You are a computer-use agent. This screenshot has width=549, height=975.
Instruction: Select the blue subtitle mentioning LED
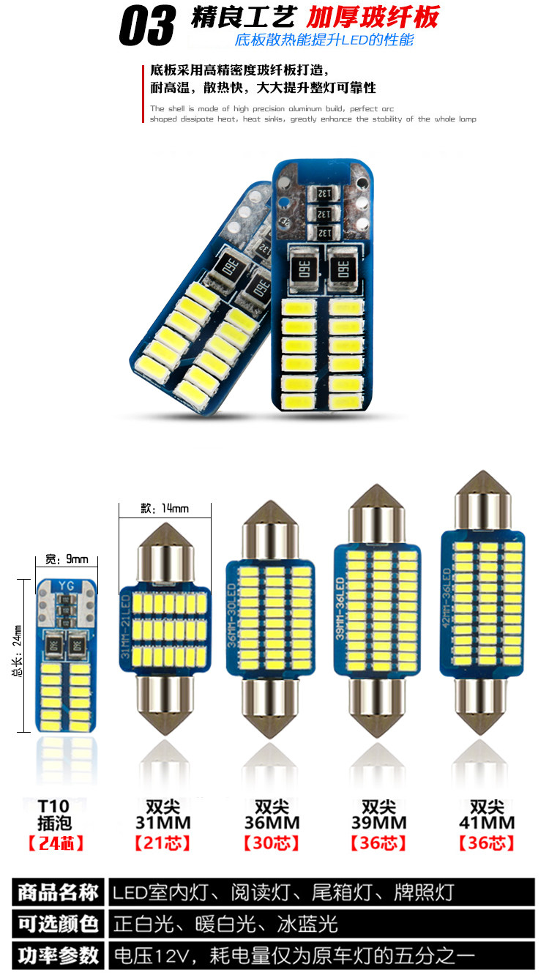pyautogui.click(x=324, y=40)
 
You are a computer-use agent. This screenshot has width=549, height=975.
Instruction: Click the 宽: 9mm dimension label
pyautogui.click(x=67, y=560)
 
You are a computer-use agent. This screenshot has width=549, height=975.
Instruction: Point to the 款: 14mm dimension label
pyautogui.click(x=164, y=508)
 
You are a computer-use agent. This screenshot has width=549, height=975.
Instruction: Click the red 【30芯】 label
pyautogui.click(x=271, y=843)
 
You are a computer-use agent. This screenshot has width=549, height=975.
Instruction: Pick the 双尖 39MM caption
pyautogui.click(x=379, y=815)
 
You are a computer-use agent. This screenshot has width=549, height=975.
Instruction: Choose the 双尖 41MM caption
pyautogui.click(x=487, y=815)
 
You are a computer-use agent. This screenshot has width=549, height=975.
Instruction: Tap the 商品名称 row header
pyautogui.click(x=58, y=893)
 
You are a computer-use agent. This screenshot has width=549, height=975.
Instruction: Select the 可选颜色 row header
pyautogui.click(x=58, y=924)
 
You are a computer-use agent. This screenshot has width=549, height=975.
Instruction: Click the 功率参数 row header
pyautogui.click(x=58, y=955)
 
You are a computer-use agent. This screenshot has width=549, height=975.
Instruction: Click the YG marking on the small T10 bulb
pyautogui.click(x=67, y=585)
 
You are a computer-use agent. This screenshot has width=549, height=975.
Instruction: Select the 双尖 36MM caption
pyautogui.click(x=271, y=815)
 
